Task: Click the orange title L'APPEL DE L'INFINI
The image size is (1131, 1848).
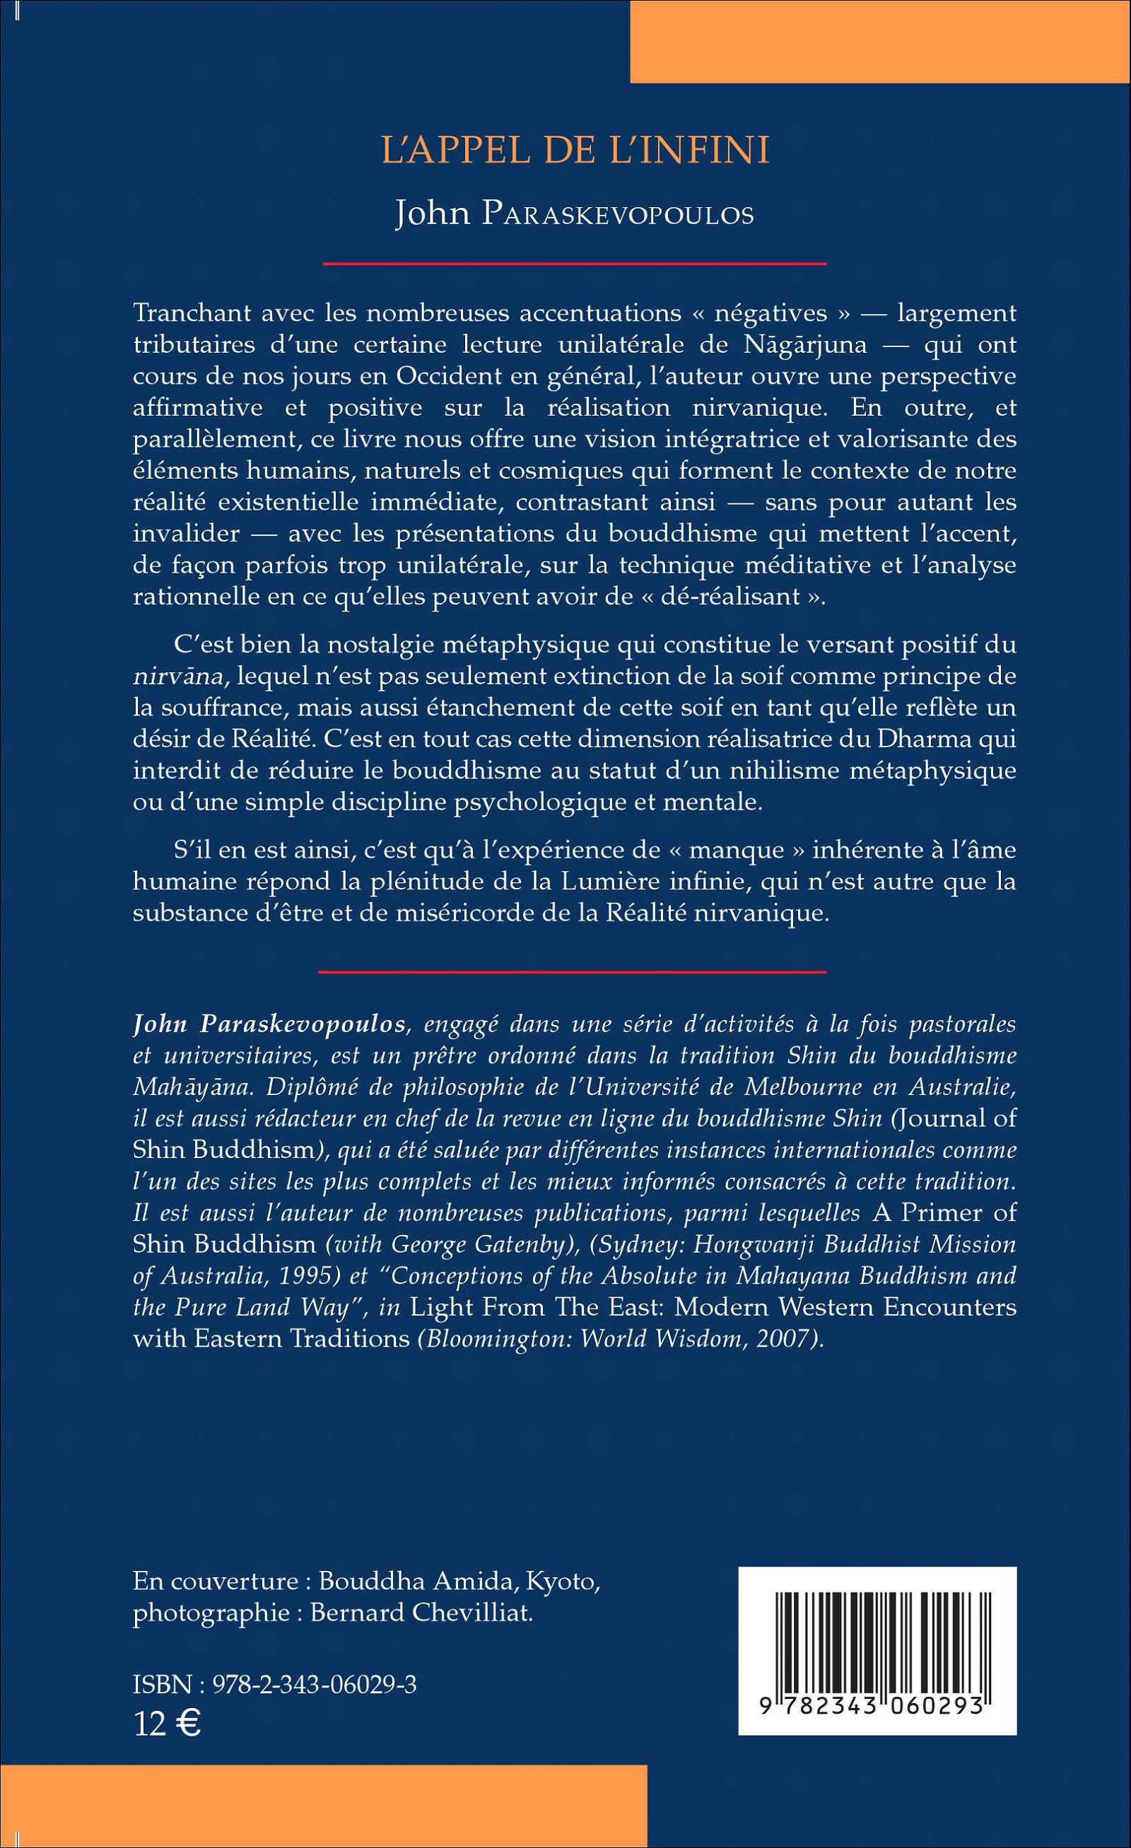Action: (575, 151)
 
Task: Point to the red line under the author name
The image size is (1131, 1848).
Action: (574, 264)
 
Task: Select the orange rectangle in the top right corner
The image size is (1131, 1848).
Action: (880, 40)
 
